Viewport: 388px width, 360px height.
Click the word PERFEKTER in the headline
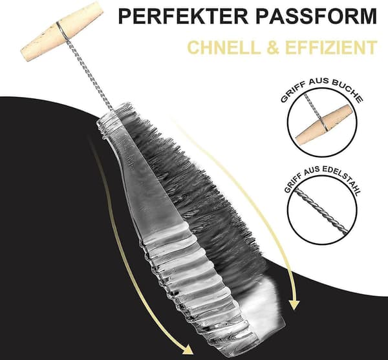coord(184,16)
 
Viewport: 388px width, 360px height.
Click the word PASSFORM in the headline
coord(316,16)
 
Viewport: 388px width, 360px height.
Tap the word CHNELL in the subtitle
coord(224,47)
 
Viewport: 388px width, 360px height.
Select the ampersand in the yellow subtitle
coord(273,47)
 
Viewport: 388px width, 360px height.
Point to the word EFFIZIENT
coord(331,47)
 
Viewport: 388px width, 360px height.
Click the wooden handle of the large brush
coord(62,32)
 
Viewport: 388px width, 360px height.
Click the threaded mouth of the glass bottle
coord(111,118)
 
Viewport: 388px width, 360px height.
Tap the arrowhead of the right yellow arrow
coord(294,305)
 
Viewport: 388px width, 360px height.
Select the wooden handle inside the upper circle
coord(324,125)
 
